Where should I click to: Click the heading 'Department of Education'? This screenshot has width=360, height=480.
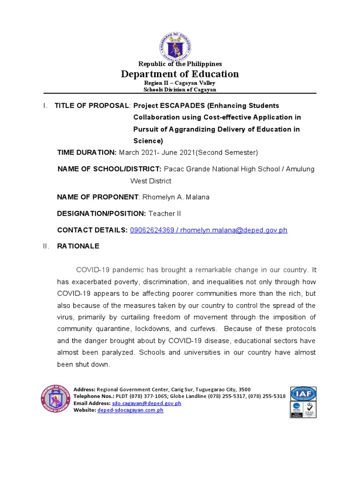pyautogui.click(x=180, y=74)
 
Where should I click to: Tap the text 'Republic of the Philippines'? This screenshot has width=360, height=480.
pyautogui.click(x=180, y=64)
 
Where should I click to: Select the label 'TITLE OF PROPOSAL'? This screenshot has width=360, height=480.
pyautogui.click(x=91, y=105)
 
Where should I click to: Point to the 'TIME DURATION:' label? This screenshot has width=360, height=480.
pyautogui.click(x=87, y=152)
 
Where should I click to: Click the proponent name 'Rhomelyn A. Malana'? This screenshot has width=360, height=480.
pyautogui.click(x=175, y=197)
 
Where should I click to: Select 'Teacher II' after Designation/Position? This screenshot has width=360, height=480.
pyautogui.click(x=165, y=214)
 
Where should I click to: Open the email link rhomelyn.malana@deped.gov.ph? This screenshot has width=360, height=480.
pyautogui.click(x=240, y=230)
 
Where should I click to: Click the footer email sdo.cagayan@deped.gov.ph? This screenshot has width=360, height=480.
pyautogui.click(x=146, y=403)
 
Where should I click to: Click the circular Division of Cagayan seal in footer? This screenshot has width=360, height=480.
pyautogui.click(x=55, y=399)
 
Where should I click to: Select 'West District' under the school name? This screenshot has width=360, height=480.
pyautogui.click(x=150, y=181)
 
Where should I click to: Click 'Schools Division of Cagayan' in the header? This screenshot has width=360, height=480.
pyautogui.click(x=180, y=90)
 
